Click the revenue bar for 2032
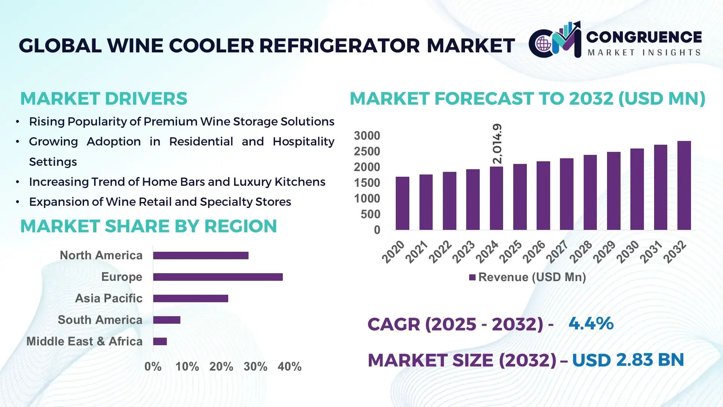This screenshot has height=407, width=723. coord(684,185)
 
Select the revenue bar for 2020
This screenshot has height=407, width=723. coord(402,203)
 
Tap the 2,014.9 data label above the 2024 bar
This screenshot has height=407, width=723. coord(497,144)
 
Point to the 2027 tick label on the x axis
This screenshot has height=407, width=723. coord(557,251)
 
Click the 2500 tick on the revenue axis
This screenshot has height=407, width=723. coord(367,151)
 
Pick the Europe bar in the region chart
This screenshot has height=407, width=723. coord(218,277)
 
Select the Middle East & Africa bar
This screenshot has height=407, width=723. coord(160,341)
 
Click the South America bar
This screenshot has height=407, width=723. coord(167,320)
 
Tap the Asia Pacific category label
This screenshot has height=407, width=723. coord(108,298)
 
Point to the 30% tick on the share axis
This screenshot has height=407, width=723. coord(255,366)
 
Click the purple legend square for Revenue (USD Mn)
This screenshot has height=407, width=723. coord(472,277)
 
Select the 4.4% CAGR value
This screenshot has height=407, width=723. coord(591,324)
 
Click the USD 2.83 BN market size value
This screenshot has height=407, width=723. coord(628,360)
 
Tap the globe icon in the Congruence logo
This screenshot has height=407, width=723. coord(543,44)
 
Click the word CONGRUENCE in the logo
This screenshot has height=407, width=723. coord(644,37)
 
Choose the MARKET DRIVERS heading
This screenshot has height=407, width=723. coord(104,99)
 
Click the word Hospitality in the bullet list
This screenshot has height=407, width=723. coord(303,142)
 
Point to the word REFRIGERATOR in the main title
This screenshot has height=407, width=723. coord(339,46)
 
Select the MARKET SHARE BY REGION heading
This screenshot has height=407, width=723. coord(148,226)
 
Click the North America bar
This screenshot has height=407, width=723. coord(201,256)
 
